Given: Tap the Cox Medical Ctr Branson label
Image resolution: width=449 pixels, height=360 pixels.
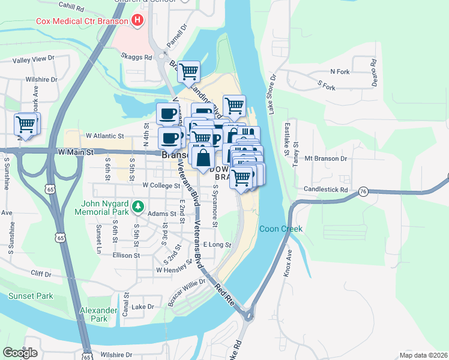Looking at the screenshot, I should pyautogui.click(x=83, y=21).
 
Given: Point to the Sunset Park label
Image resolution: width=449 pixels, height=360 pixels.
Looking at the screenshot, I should pyautogui.click(x=30, y=296).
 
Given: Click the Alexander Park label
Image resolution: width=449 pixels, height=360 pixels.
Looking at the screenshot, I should pyautogui.click(x=98, y=314).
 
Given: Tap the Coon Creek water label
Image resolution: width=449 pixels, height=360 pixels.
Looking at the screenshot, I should pyautogui.click(x=280, y=229).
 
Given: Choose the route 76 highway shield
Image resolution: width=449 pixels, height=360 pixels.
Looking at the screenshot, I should pyautogui.click(x=363, y=191).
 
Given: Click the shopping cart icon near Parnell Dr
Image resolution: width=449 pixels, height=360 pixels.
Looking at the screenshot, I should pyautogui.click(x=188, y=72).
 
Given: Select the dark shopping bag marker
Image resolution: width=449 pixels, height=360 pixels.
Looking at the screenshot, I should pyautogui.click(x=203, y=158).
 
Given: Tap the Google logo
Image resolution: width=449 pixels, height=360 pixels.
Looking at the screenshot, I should pyautogui.click(x=20, y=352).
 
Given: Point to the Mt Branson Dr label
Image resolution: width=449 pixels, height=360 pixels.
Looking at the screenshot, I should pyautogui.click(x=326, y=159).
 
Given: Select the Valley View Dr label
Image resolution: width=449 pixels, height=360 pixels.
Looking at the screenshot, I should pyautogui.click(x=34, y=59).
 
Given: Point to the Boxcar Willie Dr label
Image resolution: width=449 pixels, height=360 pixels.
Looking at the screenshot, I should pyautogui.click(x=187, y=290).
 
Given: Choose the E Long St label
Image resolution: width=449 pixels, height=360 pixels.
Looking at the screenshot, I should pyautogui.click(x=217, y=245).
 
